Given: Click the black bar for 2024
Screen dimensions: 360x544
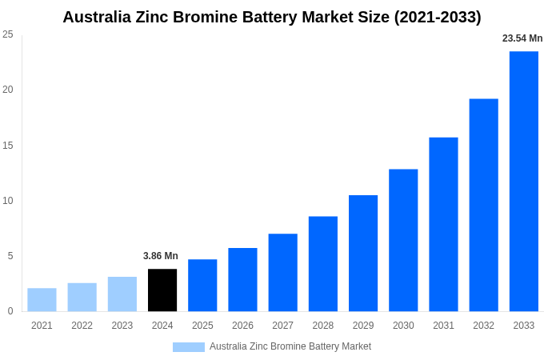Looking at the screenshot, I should point(162,290).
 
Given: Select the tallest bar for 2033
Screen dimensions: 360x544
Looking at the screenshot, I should point(524,182).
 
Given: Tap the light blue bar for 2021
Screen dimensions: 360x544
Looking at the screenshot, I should point(42,300).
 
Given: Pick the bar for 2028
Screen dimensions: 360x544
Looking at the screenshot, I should point(323,264).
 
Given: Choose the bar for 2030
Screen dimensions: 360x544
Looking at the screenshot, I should point(403,240).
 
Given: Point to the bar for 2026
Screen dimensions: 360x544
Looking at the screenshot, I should point(242,280).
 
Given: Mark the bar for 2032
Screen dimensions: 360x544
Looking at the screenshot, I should point(483,205).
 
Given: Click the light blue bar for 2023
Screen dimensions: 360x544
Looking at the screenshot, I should point(122,294).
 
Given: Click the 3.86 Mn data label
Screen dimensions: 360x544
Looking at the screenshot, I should point(161,256).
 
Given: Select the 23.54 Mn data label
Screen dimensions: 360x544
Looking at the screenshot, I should point(522,38).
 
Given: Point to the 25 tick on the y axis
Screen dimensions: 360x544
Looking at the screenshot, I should point(8,34).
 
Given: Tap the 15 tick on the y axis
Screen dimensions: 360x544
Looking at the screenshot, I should point(8,146).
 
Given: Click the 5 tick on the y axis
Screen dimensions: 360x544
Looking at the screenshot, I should point(10,256).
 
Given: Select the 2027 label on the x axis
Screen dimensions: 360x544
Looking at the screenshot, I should point(282,326).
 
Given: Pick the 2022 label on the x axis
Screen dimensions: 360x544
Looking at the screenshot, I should point(82,326).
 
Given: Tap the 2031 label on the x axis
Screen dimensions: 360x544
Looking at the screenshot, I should point(443,326).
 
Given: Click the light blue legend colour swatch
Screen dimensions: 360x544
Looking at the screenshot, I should point(189,347).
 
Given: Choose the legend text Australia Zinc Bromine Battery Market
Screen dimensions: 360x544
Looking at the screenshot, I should point(290,346).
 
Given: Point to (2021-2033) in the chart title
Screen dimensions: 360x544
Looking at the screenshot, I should point(438,17).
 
